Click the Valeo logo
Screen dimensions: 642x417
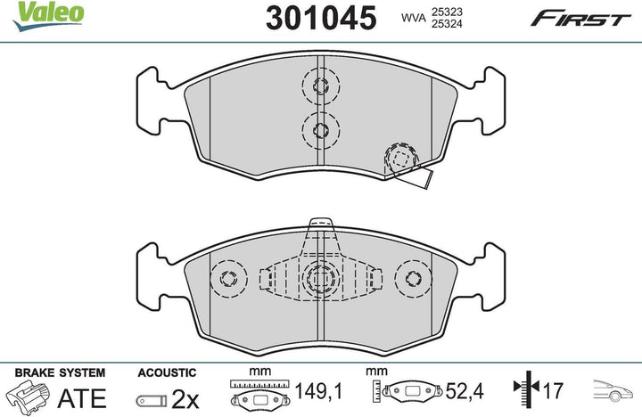[x=48, y=15]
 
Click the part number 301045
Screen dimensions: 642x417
[x=321, y=18]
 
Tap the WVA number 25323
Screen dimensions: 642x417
[x=447, y=12]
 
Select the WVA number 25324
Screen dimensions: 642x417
[x=447, y=24]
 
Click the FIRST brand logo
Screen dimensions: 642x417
[x=580, y=19]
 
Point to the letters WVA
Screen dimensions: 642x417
[x=414, y=18]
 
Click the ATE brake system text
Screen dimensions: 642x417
[x=82, y=398]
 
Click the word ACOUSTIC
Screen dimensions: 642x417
[x=167, y=372]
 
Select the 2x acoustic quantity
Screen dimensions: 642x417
[x=185, y=399]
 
